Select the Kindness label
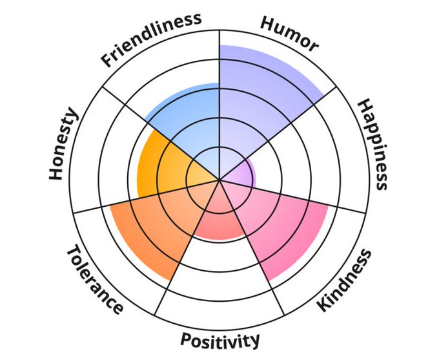(x=345, y=280)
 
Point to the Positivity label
(x=220, y=339)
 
